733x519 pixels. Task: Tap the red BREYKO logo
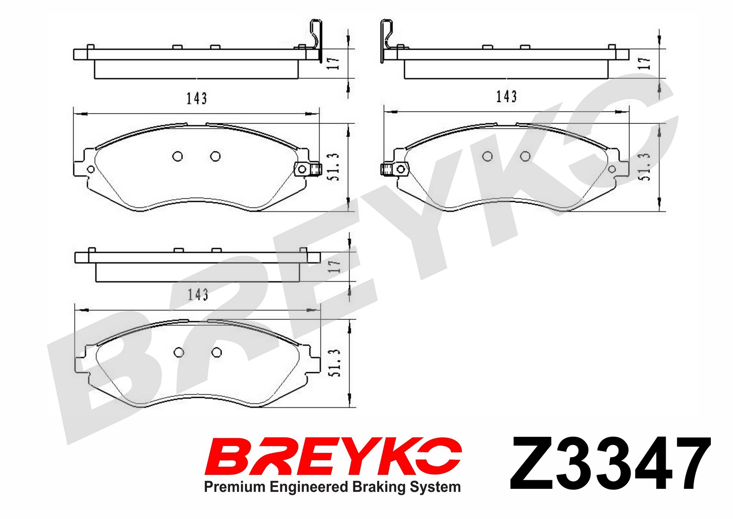tap(333, 456)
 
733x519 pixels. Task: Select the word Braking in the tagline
tap(379, 487)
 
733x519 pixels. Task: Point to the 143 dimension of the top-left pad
tap(197, 98)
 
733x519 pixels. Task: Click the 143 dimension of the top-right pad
tap(506, 97)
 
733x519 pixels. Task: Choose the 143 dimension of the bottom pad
tap(198, 294)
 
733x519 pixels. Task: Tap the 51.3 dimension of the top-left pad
tap(333, 167)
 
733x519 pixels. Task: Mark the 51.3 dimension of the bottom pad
tap(334, 363)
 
